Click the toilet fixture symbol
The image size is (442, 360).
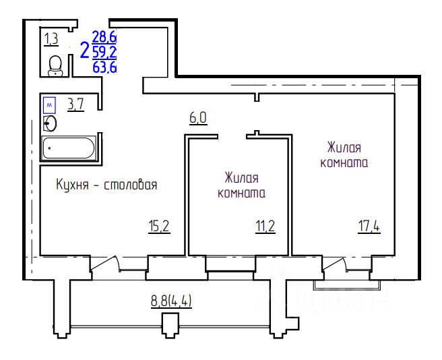coord(55,66)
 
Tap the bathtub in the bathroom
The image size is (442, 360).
coord(69,148)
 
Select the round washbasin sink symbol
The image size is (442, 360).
coord(50,123)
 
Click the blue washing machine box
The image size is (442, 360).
coord(49,105)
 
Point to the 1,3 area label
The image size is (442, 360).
coord(51,38)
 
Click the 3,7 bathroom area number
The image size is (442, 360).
coord(76,104)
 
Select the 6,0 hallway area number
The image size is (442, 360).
coord(198,118)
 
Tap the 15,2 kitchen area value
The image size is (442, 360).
coord(159,227)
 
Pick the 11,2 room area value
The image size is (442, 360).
coord(265,227)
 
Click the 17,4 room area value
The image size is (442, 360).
coord(369,227)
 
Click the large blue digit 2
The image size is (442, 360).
coord(85,50)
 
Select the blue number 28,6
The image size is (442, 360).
coord(104,37)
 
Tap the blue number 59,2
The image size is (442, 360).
coord(104,52)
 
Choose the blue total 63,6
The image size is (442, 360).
coord(104,67)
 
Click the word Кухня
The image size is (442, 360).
coord(73,185)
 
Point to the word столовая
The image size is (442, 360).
coord(131,185)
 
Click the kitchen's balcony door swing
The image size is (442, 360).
coord(104,264)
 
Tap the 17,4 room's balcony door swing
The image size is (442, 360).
coord(335,264)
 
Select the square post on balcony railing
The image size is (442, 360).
coord(170,326)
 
